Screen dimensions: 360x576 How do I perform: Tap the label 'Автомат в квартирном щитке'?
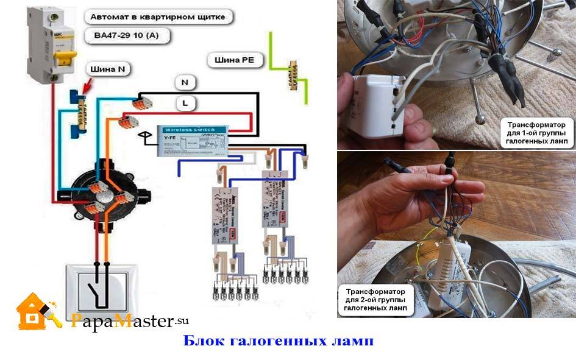point(157,17)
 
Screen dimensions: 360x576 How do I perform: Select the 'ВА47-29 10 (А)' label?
point(127,35)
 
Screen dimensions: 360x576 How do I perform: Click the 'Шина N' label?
point(108,69)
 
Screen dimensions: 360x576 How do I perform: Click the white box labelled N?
point(184,81)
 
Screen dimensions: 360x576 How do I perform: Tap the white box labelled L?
point(184,103)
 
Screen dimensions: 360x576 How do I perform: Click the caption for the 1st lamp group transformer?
point(536,133)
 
